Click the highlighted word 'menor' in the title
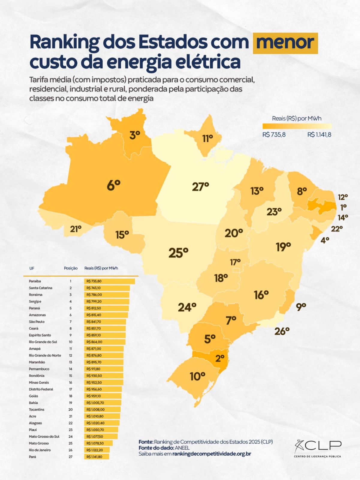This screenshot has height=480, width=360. pyautogui.click(x=285, y=43)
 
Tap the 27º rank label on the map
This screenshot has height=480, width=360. pyautogui.click(x=200, y=187)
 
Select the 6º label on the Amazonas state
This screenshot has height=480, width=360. pyautogui.click(x=114, y=185)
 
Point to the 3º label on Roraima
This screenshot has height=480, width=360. pyautogui.click(x=135, y=135)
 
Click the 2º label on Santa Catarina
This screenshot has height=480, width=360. pyautogui.click(x=220, y=358)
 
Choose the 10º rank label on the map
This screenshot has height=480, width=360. pyautogui.click(x=197, y=376)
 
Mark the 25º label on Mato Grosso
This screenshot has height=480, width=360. pyautogui.click(x=178, y=253)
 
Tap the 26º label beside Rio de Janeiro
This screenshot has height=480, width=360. pyautogui.click(x=282, y=331)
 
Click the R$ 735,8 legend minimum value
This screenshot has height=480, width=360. pyautogui.click(x=274, y=135)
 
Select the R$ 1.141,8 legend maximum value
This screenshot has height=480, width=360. pyautogui.click(x=319, y=135)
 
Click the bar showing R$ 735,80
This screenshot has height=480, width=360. pyautogui.click(x=109, y=281)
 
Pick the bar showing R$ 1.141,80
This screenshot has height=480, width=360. pyautogui.click(x=97, y=457)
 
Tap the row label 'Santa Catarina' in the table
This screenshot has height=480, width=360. pyautogui.click(x=40, y=288)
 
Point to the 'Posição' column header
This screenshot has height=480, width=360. pyautogui.click(x=71, y=268)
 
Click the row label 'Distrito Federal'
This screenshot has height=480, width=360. pyautogui.click(x=41, y=389)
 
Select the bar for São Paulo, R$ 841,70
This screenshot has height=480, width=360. pyautogui.click(x=105, y=322)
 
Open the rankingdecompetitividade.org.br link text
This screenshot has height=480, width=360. pyautogui.click(x=212, y=454)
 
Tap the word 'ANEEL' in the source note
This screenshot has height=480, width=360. pyautogui.click(x=182, y=448)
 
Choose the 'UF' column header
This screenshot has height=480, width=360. pyautogui.click(x=32, y=268)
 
